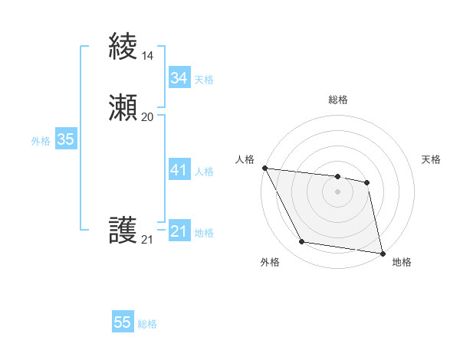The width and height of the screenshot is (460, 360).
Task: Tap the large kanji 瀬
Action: [123, 108]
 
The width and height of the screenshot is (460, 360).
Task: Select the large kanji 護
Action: [123, 231]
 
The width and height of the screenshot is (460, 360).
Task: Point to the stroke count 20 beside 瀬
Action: [147, 116]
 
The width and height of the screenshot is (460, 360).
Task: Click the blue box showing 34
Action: [179, 78]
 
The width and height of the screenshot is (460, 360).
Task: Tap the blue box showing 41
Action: [179, 170]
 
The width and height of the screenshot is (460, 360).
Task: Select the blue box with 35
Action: [65, 139]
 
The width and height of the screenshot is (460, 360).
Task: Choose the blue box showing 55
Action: [123, 322]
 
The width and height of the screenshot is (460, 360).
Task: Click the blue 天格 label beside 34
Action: [204, 80]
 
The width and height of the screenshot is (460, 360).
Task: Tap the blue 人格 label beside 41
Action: [204, 172]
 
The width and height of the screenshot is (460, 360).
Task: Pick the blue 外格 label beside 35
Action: [41, 141]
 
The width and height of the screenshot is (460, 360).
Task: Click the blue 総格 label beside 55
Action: [147, 324]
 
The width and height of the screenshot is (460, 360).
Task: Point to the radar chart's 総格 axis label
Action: [337, 100]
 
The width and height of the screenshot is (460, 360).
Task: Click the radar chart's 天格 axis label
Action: [431, 159]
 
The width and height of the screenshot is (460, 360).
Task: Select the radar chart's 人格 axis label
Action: [245, 159]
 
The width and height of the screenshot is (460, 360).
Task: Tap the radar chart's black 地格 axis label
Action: [402, 262]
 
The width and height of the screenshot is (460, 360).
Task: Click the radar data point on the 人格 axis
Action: [264, 168]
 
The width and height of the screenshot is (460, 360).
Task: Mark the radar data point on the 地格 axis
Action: [382, 252]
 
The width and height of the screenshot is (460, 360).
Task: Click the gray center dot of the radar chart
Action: [337, 191]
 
